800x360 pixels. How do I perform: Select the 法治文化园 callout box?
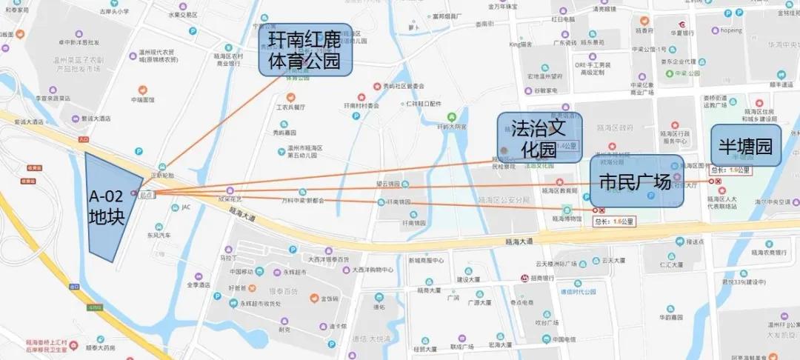tap(538, 137)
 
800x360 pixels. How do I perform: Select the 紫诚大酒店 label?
tap(96, 119)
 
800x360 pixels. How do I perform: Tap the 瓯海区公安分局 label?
tap(504, 200)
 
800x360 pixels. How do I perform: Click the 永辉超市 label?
tap(279, 272)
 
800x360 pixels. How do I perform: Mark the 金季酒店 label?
tap(199, 284)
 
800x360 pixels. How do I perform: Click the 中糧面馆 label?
tap(143, 99)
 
